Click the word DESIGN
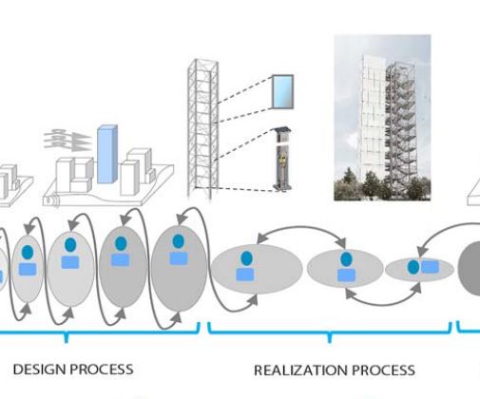[x=39, y=370]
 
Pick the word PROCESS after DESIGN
[x=102, y=370]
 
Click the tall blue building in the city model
[x=107, y=154]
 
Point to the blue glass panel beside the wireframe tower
[x=282, y=92]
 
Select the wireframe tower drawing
[x=203, y=128]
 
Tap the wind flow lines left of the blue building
[x=67, y=139]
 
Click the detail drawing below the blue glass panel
[x=282, y=159]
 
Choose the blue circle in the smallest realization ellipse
[x=413, y=267]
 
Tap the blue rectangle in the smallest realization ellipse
[x=430, y=267]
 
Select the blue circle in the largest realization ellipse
[x=246, y=258]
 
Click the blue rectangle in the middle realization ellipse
[x=346, y=275]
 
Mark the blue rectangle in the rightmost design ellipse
[x=179, y=258]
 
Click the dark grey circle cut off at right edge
[x=470, y=268]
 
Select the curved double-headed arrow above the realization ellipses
[x=301, y=227]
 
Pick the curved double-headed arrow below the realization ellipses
[x=383, y=305]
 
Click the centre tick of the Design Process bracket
[x=66, y=337]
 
